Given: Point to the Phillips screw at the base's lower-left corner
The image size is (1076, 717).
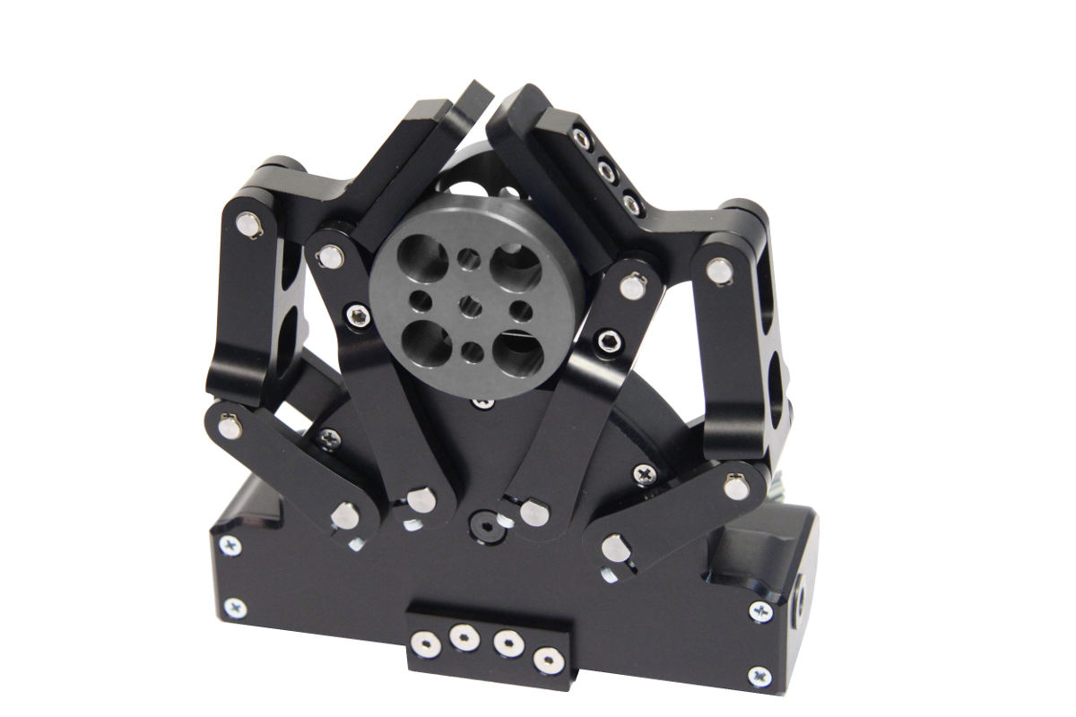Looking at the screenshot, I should click(x=236, y=609).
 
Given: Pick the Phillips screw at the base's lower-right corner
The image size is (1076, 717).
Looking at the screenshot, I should click(x=759, y=676).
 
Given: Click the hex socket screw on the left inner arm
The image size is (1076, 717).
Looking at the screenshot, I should click(x=360, y=315).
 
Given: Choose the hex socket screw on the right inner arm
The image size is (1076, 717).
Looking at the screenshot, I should click(x=612, y=341).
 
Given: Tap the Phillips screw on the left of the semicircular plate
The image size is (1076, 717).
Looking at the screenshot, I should click(x=329, y=438).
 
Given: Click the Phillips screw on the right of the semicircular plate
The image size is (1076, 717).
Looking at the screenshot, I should click(x=645, y=473).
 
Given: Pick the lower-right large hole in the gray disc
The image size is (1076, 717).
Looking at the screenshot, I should click(x=517, y=353).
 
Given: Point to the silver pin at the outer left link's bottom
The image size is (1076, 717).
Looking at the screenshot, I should click(x=230, y=425).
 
